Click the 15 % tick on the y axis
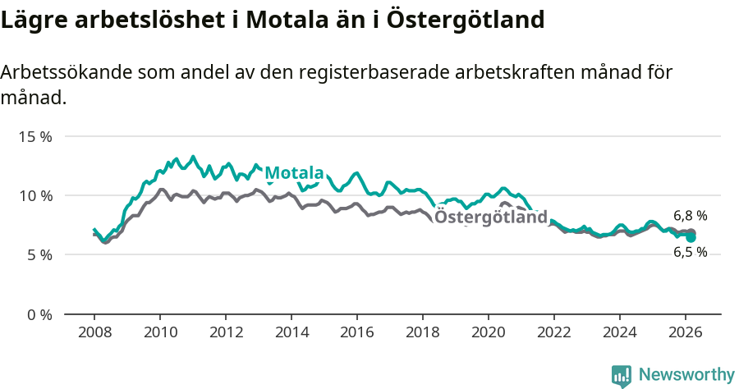[x=34, y=136]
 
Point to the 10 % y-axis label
[x=34, y=195]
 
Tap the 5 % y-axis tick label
[x=39, y=255]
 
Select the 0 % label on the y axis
[x=39, y=314]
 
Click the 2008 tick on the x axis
[x=94, y=332]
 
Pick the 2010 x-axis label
[x=160, y=332]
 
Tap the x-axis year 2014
[x=291, y=332]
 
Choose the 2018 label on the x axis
[x=423, y=332]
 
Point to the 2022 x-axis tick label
[x=554, y=332]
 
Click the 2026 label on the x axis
[x=686, y=332]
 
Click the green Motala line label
[x=294, y=173]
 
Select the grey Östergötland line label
[x=490, y=217]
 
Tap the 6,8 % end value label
[x=690, y=216]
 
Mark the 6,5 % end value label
[x=690, y=253]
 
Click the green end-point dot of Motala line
[x=691, y=237]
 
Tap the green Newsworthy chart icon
[x=622, y=376]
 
